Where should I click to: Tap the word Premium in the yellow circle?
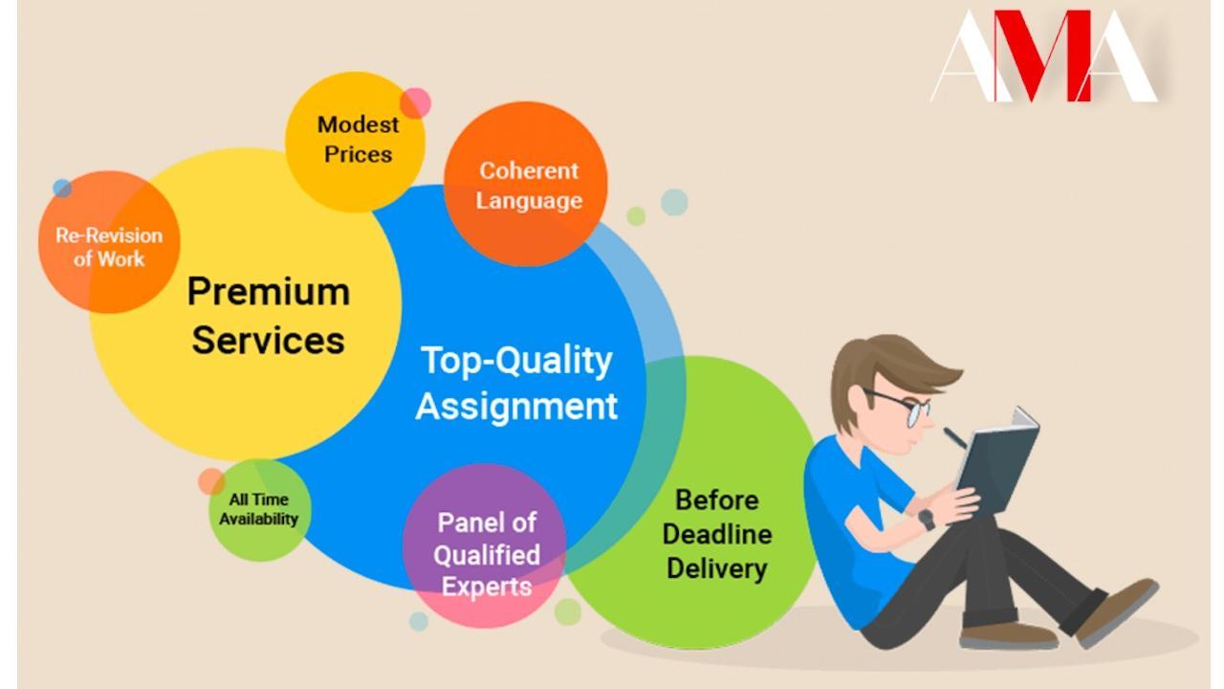(x=269, y=292)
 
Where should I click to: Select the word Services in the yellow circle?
(x=269, y=340)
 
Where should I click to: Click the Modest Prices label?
(x=358, y=140)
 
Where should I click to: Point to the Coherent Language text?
(x=529, y=186)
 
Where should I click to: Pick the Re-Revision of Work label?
(x=109, y=247)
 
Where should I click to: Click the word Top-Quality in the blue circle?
(x=516, y=362)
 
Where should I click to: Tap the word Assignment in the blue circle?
(x=516, y=407)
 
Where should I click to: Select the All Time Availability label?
(x=258, y=509)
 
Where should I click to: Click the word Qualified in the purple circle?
(x=487, y=555)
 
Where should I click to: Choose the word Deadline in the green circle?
(x=717, y=534)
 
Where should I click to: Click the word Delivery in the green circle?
(x=717, y=568)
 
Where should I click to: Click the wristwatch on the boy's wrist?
(x=927, y=519)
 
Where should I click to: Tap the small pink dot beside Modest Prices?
(x=415, y=102)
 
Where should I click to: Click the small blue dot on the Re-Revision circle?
(x=62, y=189)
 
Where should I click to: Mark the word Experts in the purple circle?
(x=487, y=587)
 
